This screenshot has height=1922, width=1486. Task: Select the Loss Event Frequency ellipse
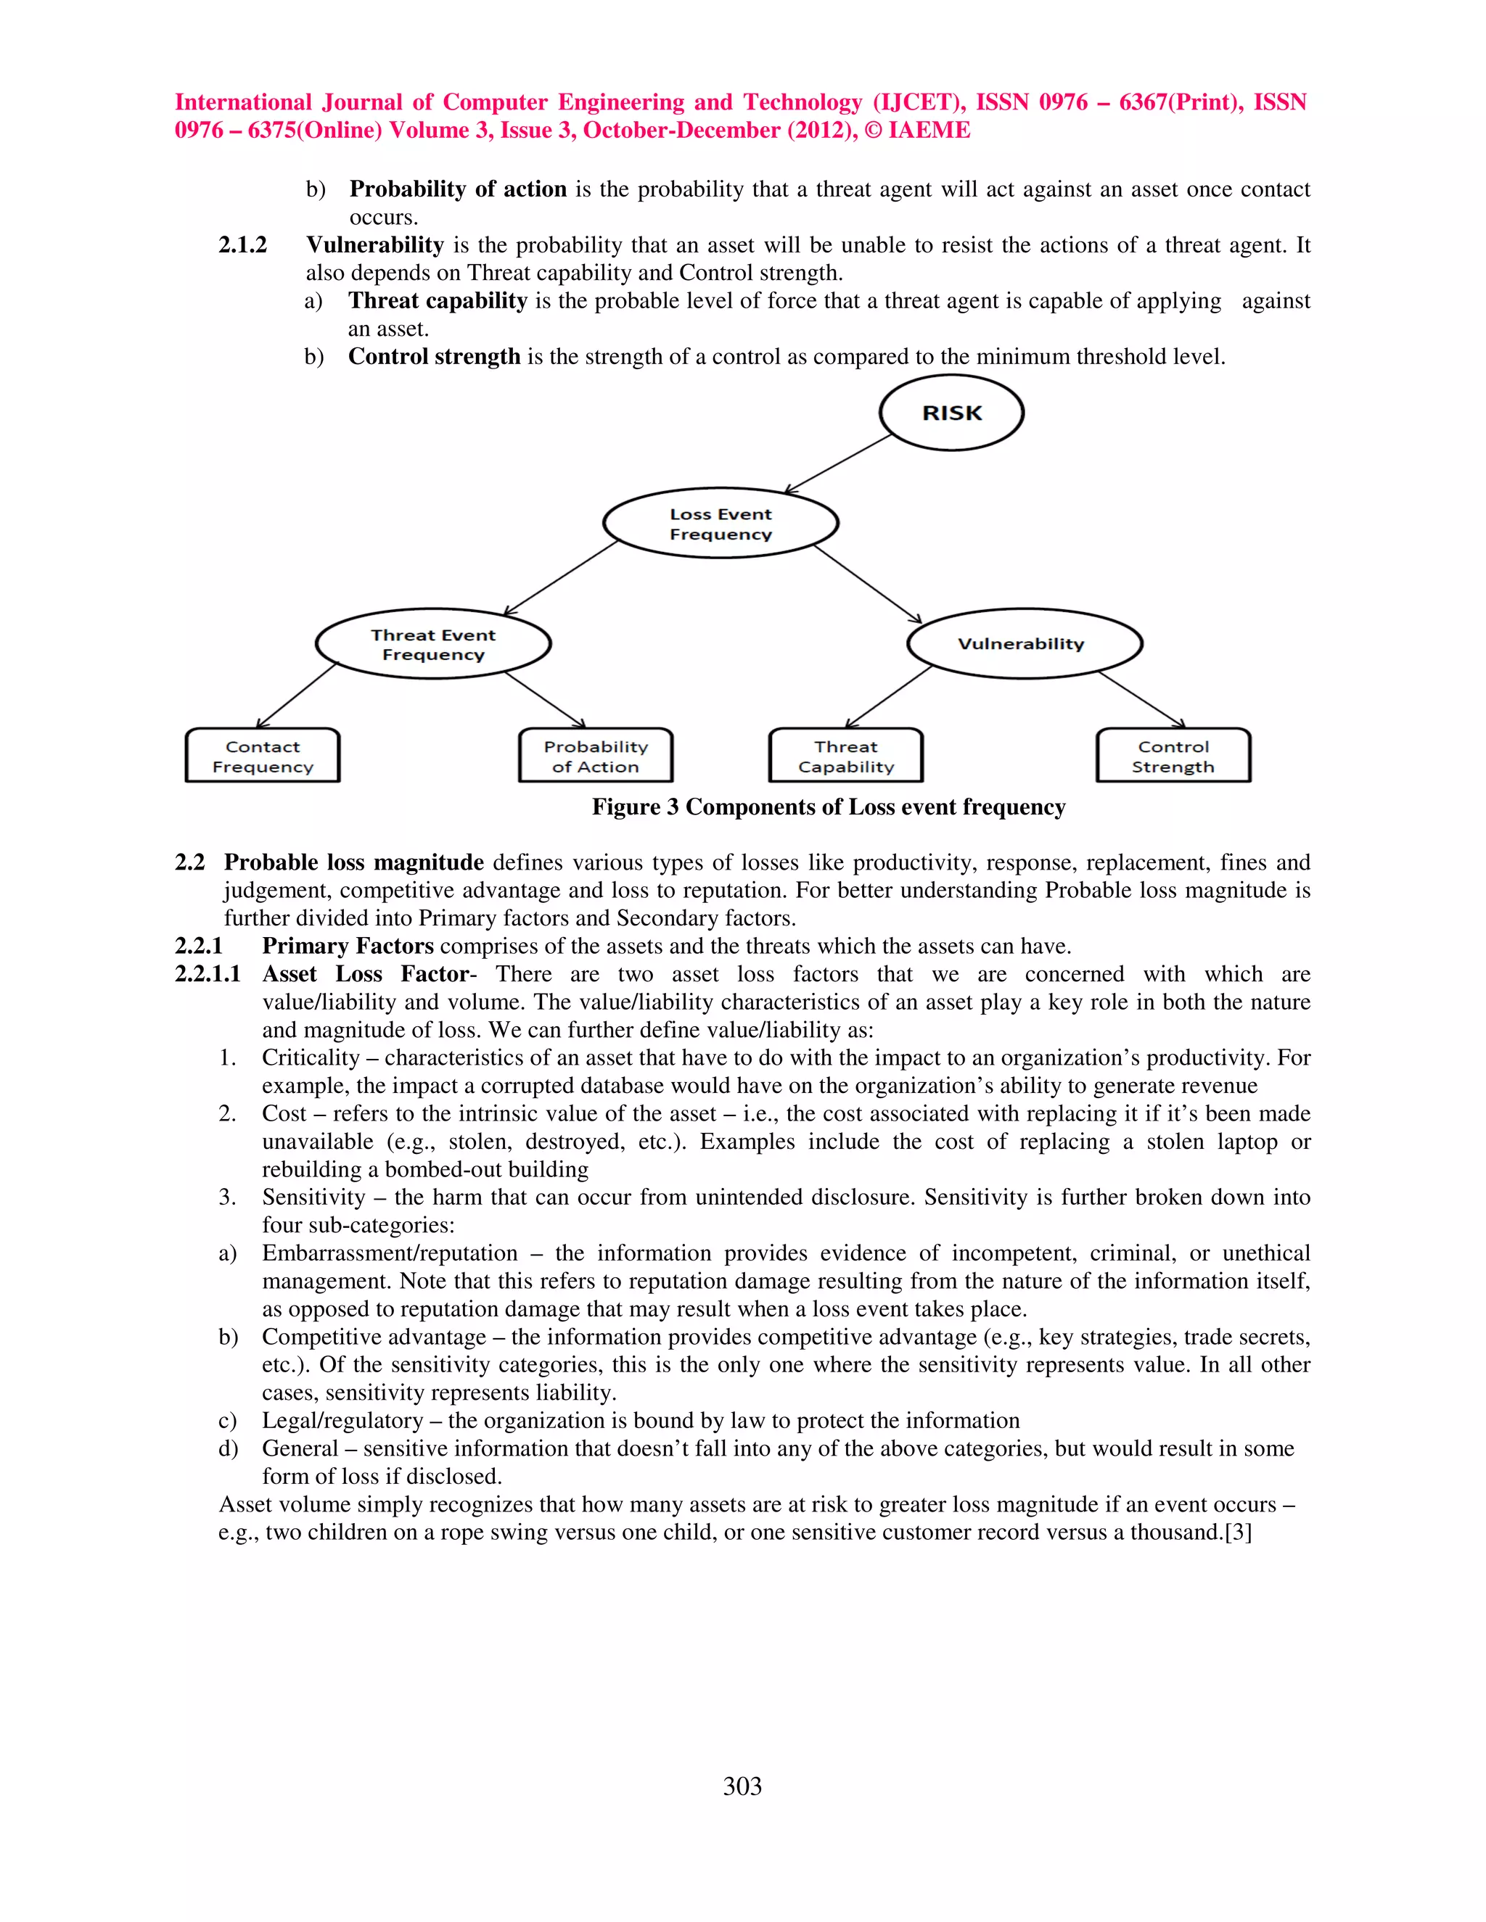coord(720,524)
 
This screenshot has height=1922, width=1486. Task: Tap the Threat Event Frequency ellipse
coord(433,644)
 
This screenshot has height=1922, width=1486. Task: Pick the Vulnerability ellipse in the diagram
coord(1024,643)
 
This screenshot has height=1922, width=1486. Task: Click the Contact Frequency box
coord(263,756)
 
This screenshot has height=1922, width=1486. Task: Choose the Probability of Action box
coord(595,756)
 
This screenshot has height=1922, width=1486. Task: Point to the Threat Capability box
coord(846,756)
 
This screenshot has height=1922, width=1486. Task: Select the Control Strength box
coord(1173,756)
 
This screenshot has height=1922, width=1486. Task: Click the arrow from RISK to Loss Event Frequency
coord(838,463)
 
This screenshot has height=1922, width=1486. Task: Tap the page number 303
coord(742,1786)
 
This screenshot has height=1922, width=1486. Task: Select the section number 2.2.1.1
coord(207,974)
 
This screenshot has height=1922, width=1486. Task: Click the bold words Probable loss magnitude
coord(353,862)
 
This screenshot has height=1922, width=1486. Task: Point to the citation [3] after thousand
coord(1238,1532)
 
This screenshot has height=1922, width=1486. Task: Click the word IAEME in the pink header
coord(929,131)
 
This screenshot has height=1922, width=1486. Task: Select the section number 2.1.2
coord(242,244)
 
